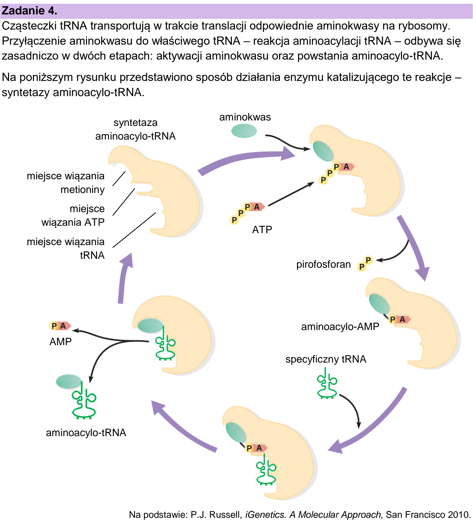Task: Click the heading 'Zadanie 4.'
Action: [29, 11]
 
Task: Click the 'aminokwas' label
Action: [245, 117]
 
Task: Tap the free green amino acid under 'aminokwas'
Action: [244, 130]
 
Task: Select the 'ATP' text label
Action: [262, 229]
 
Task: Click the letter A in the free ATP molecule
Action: [257, 207]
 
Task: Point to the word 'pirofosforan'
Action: [324, 264]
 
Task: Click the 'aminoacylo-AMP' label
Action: [340, 326]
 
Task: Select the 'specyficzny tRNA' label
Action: [326, 359]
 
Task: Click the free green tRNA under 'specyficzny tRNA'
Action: [327, 384]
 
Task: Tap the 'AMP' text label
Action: [61, 341]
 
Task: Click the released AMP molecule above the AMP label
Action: [60, 326]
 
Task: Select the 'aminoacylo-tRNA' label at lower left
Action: [86, 433]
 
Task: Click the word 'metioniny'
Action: [82, 190]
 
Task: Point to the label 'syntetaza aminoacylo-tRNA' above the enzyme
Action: [135, 129]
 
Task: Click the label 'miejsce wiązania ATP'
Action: [73, 216]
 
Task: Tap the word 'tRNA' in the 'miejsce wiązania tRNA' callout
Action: [92, 255]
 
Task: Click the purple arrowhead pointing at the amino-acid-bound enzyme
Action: [287, 154]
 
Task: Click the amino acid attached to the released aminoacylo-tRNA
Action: [69, 381]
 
